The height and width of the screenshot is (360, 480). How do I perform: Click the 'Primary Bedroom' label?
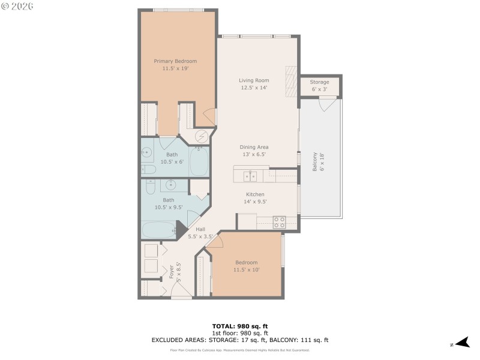point(175,61)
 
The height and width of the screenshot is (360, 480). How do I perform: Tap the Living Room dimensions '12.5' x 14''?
point(253,88)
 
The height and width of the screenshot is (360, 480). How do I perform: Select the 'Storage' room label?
point(319,82)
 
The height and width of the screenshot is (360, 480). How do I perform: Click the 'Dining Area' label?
point(254,147)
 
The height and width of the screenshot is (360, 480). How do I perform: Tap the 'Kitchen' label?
point(255,194)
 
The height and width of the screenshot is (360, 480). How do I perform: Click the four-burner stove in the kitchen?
point(279,221)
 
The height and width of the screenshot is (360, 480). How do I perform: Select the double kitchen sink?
point(251,176)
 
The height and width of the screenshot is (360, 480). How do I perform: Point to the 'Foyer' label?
point(172,272)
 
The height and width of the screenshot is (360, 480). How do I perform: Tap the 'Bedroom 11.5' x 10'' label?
point(246,266)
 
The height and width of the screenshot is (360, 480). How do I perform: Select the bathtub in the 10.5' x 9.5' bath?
point(158,230)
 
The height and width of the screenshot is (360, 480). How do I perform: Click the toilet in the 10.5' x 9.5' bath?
point(149,185)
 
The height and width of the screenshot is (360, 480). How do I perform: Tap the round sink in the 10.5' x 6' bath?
point(147,152)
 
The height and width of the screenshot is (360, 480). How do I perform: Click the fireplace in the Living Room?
point(291,80)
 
